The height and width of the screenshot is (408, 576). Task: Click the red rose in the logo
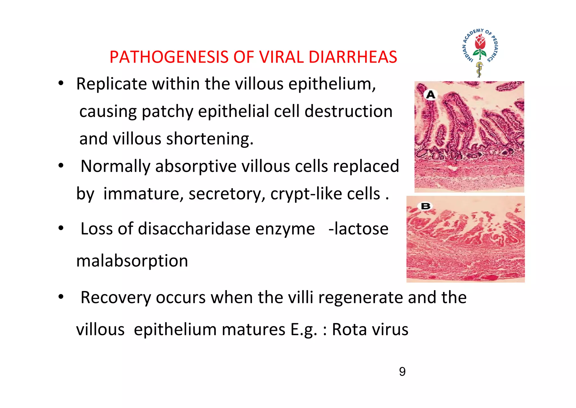coord(480,43)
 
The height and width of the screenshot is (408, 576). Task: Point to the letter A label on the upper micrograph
coord(431,95)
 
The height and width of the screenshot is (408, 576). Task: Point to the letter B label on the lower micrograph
coord(426,206)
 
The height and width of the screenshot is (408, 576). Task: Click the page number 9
coord(402,372)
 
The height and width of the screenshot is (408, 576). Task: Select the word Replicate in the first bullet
coord(111,84)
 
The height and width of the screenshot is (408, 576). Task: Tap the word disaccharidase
coord(194,229)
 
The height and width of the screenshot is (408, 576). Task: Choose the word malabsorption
coord(132,261)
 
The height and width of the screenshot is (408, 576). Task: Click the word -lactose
coord(358,229)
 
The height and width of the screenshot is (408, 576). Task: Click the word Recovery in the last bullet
coord(116,298)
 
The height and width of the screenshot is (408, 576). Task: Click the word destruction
coord(348,111)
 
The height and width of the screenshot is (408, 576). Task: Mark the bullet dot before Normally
coord(61,166)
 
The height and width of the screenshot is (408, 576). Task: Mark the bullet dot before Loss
coord(61,228)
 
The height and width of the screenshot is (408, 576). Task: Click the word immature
coord(143,194)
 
